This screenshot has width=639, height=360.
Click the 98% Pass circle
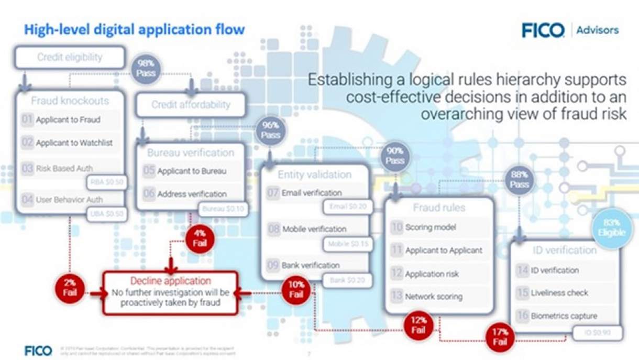(x=145, y=68)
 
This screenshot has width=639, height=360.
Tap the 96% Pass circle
(x=270, y=130)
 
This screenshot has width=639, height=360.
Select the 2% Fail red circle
(x=70, y=287)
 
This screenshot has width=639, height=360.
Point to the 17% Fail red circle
(x=500, y=337)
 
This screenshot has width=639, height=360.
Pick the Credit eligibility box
(x=70, y=58)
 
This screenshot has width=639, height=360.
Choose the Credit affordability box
(x=191, y=105)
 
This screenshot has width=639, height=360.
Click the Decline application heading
(x=171, y=281)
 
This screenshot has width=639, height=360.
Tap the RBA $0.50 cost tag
(x=106, y=182)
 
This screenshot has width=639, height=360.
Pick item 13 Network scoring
(x=434, y=297)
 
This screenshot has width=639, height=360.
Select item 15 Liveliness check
(x=559, y=293)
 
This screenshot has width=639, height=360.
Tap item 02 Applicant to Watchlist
(x=74, y=143)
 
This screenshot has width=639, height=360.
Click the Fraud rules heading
(x=439, y=208)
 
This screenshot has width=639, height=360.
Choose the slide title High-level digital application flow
(x=135, y=29)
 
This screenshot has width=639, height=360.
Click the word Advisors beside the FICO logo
(x=597, y=30)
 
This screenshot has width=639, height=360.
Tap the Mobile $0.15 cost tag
(x=347, y=244)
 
